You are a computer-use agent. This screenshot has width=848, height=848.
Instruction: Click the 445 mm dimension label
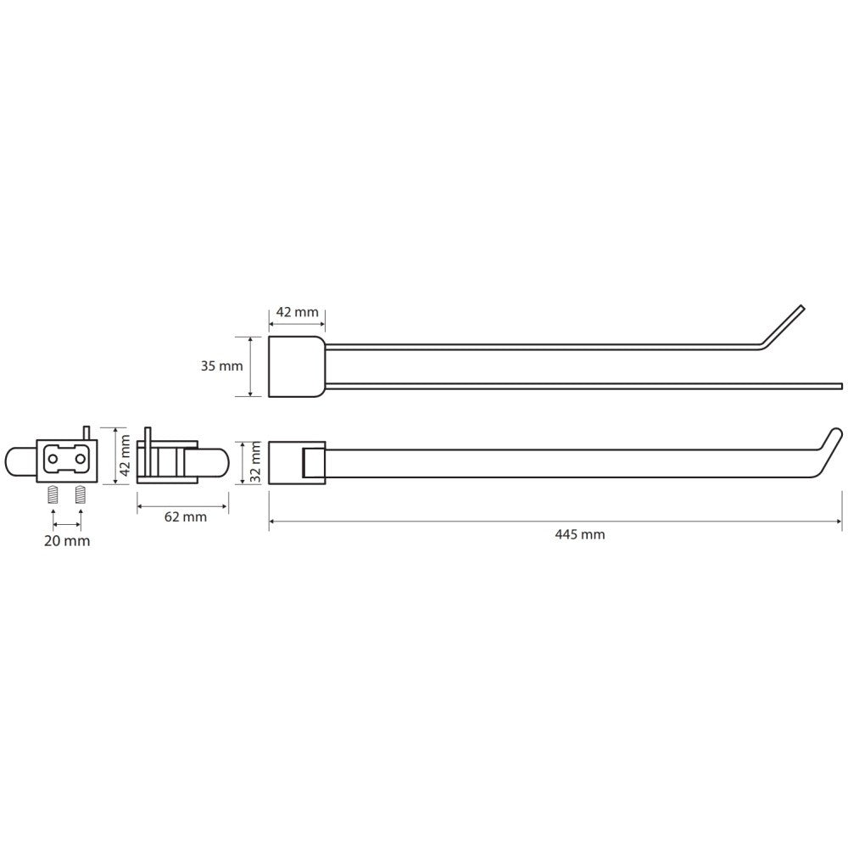[x=580, y=535]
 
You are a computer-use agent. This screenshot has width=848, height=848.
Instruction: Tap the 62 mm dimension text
[x=186, y=517]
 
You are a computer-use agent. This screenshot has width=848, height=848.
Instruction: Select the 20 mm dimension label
[x=67, y=541]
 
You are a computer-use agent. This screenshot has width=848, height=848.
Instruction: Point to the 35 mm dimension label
[x=221, y=366]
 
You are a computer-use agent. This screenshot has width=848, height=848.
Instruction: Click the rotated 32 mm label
[x=256, y=461]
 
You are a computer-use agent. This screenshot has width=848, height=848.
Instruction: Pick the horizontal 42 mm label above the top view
[x=298, y=312]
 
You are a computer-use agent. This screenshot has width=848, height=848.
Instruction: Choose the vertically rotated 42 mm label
[x=125, y=455]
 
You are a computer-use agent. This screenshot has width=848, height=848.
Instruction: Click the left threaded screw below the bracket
[x=53, y=494]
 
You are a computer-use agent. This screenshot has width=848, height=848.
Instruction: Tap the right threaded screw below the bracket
[x=81, y=494]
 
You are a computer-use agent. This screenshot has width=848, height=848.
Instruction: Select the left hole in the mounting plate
[x=53, y=459]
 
